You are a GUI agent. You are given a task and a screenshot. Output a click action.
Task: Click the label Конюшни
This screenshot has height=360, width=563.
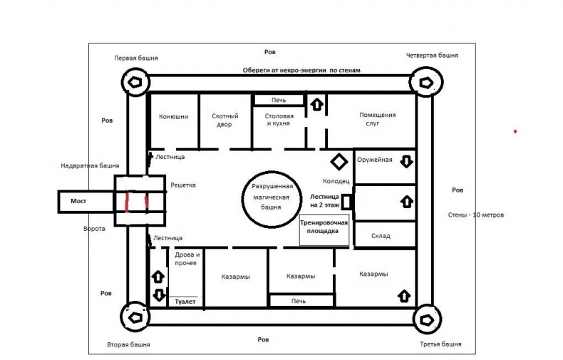173,116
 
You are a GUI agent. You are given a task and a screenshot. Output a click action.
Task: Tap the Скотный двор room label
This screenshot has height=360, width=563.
224,120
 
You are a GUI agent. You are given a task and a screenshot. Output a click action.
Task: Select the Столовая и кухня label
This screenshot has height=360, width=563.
279,120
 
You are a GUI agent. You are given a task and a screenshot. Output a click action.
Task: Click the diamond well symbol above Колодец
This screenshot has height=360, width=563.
339,162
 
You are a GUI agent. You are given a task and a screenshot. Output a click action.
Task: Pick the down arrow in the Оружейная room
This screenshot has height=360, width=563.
406,162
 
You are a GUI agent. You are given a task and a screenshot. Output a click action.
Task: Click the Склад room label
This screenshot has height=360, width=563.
381,236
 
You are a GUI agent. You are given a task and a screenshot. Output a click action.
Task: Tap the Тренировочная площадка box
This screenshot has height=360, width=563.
324,231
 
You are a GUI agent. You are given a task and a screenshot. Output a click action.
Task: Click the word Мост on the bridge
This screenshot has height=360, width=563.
78,201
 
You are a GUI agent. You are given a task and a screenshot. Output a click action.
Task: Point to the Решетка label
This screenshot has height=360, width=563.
183,185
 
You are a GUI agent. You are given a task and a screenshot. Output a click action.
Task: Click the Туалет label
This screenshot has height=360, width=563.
185,302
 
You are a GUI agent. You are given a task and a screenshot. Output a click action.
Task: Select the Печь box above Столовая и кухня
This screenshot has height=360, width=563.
279,100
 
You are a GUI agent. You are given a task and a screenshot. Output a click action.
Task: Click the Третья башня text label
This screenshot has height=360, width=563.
440,344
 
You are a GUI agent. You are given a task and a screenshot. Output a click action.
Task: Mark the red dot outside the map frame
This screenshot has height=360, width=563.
515,131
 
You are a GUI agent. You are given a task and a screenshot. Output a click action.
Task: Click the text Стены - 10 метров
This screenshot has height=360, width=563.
476,215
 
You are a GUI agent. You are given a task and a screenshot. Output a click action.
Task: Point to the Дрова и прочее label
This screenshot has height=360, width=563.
187,259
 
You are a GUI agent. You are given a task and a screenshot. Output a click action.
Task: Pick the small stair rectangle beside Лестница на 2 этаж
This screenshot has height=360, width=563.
346,202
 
